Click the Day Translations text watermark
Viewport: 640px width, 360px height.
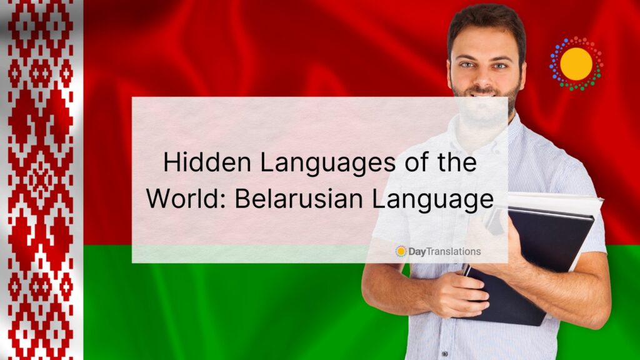tap(444, 251)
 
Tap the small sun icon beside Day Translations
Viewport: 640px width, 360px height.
tap(401, 251)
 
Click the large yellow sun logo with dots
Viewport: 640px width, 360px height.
tap(576, 64)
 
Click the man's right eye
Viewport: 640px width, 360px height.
tap(469, 65)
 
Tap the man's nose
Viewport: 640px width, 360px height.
tap(486, 77)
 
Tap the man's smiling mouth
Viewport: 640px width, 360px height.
tap(486, 94)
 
